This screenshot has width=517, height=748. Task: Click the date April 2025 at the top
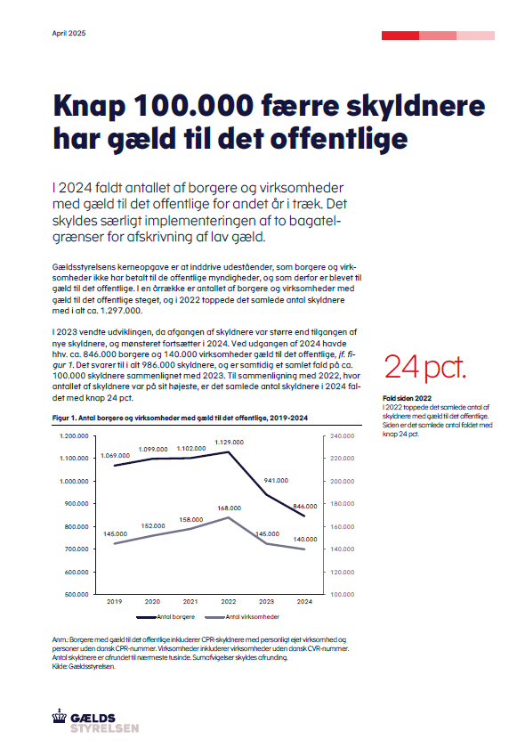click(x=69, y=33)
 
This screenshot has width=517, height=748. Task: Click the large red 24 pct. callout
click(x=424, y=367)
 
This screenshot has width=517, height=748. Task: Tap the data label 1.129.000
click(x=229, y=443)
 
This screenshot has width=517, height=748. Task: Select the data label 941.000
click(x=276, y=480)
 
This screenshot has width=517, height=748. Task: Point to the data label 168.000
click(x=230, y=508)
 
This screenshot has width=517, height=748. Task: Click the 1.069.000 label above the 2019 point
click(x=115, y=456)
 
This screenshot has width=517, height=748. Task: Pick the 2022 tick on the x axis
click(x=228, y=602)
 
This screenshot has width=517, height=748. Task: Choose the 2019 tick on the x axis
click(x=115, y=602)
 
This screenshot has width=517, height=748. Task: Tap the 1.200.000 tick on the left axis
click(x=74, y=436)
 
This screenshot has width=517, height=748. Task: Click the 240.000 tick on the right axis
click(x=342, y=436)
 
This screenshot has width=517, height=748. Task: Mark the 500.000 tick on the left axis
click(x=77, y=595)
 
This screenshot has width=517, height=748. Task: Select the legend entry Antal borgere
click(x=166, y=617)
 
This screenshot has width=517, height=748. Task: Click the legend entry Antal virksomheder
click(x=242, y=617)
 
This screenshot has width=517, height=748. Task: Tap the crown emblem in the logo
click(x=60, y=716)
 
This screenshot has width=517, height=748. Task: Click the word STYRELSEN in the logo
click(x=105, y=728)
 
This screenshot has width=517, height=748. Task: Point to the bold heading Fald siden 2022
click(x=407, y=398)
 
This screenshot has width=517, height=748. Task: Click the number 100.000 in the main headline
click(x=193, y=105)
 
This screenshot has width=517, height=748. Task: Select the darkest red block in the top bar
click(x=400, y=36)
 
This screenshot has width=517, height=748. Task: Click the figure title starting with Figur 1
click(x=180, y=418)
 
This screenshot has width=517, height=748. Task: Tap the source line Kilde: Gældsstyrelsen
click(x=84, y=666)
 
